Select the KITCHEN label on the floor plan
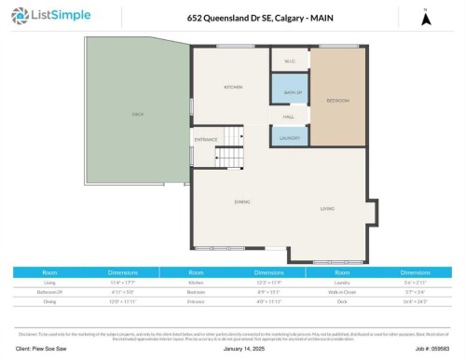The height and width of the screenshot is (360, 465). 232,87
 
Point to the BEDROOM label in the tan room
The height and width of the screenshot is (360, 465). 336,99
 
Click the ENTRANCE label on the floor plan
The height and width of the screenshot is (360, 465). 205,140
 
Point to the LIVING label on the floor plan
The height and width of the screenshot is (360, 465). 327,209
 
